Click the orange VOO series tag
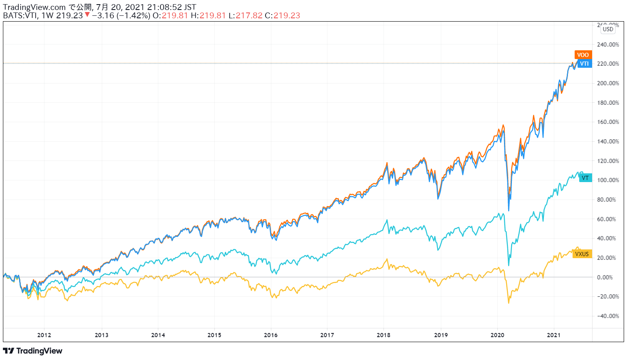[x=583, y=55]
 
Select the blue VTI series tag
[x=584, y=64]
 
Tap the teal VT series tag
[x=585, y=178]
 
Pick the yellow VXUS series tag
[x=582, y=254]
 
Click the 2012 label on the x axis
[x=44, y=335]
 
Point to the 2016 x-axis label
[x=271, y=335]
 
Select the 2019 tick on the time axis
[x=441, y=335]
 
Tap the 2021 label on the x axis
[x=554, y=335]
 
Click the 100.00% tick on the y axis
[x=608, y=180]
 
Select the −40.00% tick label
[x=608, y=316]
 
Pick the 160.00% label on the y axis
[x=608, y=122]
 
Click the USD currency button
[x=608, y=29]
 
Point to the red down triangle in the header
[x=87, y=15]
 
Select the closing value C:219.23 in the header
[x=282, y=15]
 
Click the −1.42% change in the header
[x=133, y=15]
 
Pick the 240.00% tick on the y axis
[x=608, y=44]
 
